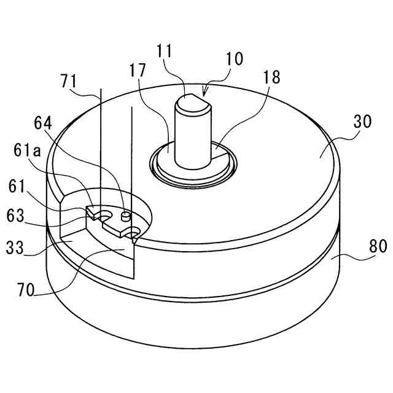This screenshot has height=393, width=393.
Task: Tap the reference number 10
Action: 234,59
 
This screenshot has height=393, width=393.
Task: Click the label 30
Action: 363,122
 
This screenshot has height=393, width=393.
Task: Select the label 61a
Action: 29,150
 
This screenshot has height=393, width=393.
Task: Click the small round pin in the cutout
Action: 126,216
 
